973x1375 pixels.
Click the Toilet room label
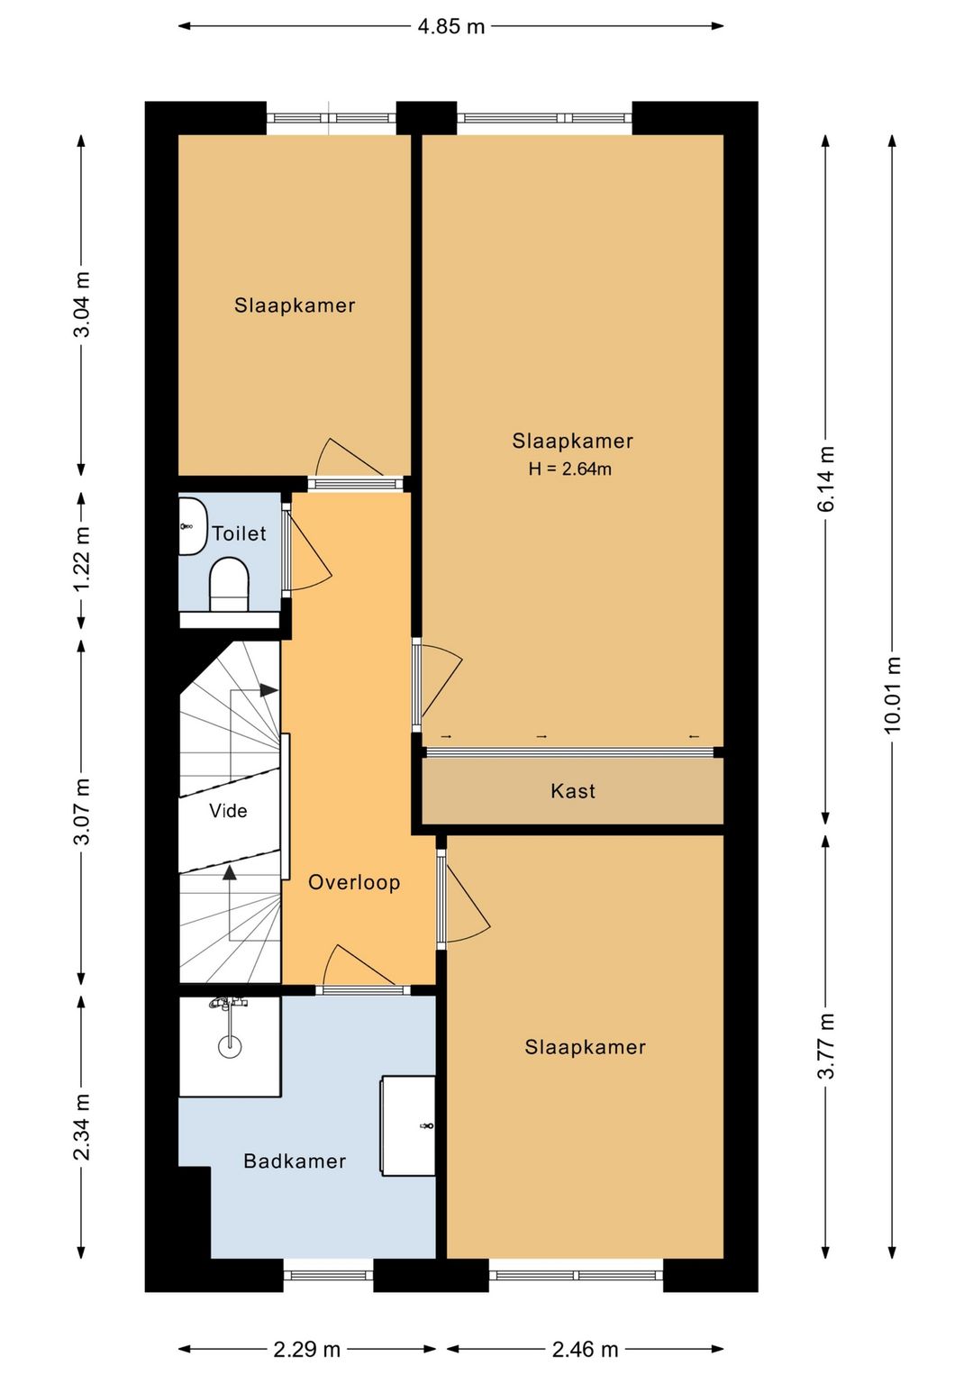tap(239, 533)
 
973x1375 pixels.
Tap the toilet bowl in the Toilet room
tap(230, 584)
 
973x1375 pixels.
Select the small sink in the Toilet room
tap(193, 526)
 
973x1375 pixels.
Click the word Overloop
tap(354, 882)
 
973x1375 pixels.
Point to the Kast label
tap(573, 790)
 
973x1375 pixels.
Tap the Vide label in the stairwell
tap(228, 810)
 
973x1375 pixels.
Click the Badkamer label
tap(295, 1161)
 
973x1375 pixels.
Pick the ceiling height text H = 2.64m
tap(570, 469)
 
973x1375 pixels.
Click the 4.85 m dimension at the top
tap(451, 26)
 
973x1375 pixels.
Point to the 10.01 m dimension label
tap(893, 694)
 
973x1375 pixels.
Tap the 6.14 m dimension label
tap(826, 478)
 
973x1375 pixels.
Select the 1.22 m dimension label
tap(82, 560)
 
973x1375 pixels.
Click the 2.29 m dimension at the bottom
tap(307, 1349)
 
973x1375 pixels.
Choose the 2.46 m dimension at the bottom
tap(585, 1349)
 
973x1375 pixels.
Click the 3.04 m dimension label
tap(82, 304)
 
